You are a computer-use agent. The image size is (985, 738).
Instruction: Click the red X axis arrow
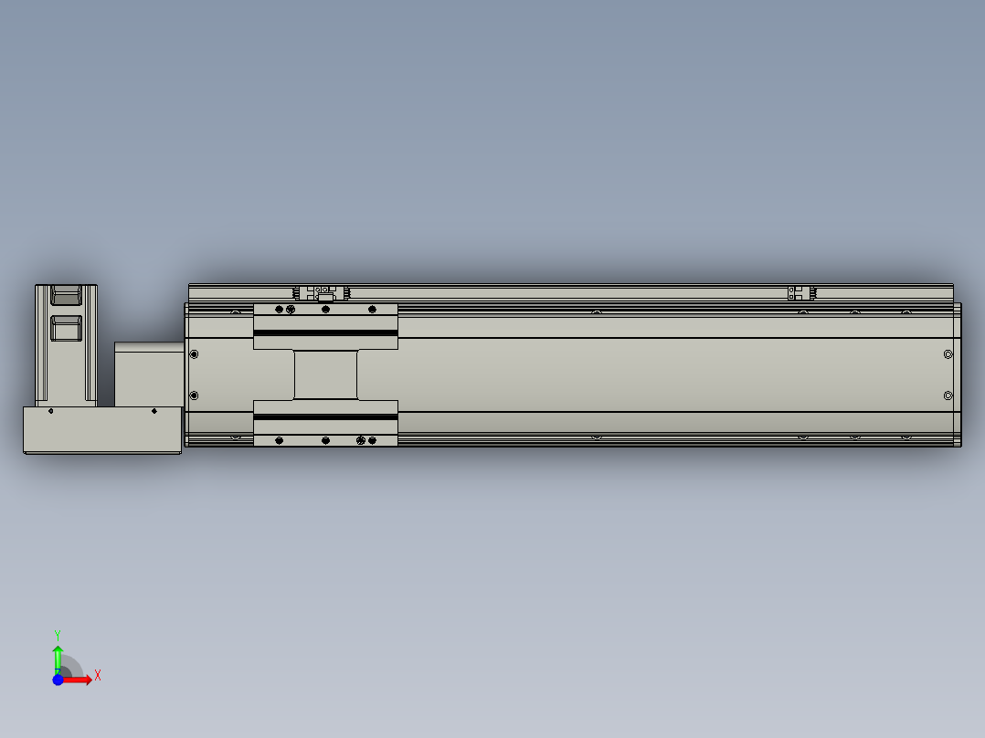pyautogui.click(x=80, y=680)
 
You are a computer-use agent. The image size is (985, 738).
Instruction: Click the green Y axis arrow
pyautogui.click(x=57, y=656)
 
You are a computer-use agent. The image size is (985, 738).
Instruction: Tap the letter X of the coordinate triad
pyautogui.click(x=98, y=676)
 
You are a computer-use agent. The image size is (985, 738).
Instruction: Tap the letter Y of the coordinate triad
pyautogui.click(x=57, y=634)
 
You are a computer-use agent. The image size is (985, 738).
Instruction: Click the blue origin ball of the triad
pyautogui.click(x=58, y=680)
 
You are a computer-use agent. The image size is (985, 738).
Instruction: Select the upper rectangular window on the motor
pyautogui.click(x=66, y=295)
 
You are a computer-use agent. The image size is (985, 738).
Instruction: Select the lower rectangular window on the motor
pyautogui.click(x=66, y=328)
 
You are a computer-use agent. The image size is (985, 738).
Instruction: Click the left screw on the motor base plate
pyautogui.click(x=50, y=411)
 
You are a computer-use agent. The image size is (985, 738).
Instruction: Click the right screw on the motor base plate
pyautogui.click(x=154, y=411)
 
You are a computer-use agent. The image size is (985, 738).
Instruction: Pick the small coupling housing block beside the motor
pyautogui.click(x=149, y=374)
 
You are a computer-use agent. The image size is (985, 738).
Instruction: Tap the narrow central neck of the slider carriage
pyautogui.click(x=325, y=374)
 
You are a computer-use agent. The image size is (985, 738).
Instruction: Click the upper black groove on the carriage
pyautogui.click(x=325, y=332)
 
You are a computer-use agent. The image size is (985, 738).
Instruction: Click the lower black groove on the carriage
pyautogui.click(x=325, y=416)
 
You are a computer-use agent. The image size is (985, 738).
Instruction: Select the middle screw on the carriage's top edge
pyautogui.click(x=325, y=310)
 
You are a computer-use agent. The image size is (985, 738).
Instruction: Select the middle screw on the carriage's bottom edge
pyautogui.click(x=325, y=440)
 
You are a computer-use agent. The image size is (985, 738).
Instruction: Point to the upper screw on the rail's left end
pyautogui.click(x=194, y=353)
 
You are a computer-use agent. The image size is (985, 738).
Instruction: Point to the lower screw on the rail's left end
pyautogui.click(x=194, y=395)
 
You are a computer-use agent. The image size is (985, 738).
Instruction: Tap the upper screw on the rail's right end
pyautogui.click(x=948, y=353)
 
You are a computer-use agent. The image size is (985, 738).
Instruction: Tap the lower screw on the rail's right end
pyautogui.click(x=948, y=395)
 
